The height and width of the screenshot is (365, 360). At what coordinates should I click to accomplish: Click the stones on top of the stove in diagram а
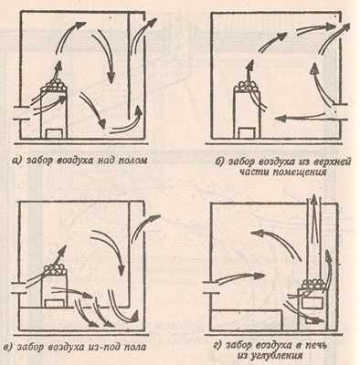point(55,84)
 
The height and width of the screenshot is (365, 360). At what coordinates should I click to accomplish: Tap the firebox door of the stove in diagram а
point(56,133)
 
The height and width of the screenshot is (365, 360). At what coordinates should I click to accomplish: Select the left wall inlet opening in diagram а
point(22,112)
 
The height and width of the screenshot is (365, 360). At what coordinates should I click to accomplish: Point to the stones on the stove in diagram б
point(246,85)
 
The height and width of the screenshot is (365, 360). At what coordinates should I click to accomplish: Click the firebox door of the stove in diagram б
point(247,133)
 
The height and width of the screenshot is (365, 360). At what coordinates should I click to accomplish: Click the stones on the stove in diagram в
point(55,269)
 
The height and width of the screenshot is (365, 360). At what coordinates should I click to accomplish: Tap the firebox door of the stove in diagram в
point(55,303)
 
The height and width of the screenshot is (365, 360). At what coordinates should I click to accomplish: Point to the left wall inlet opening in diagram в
point(19,288)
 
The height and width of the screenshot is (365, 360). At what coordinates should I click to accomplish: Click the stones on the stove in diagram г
point(312,285)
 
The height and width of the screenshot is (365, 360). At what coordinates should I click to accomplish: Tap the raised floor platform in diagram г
point(247,320)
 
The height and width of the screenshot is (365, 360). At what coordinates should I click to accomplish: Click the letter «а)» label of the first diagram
point(16,161)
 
